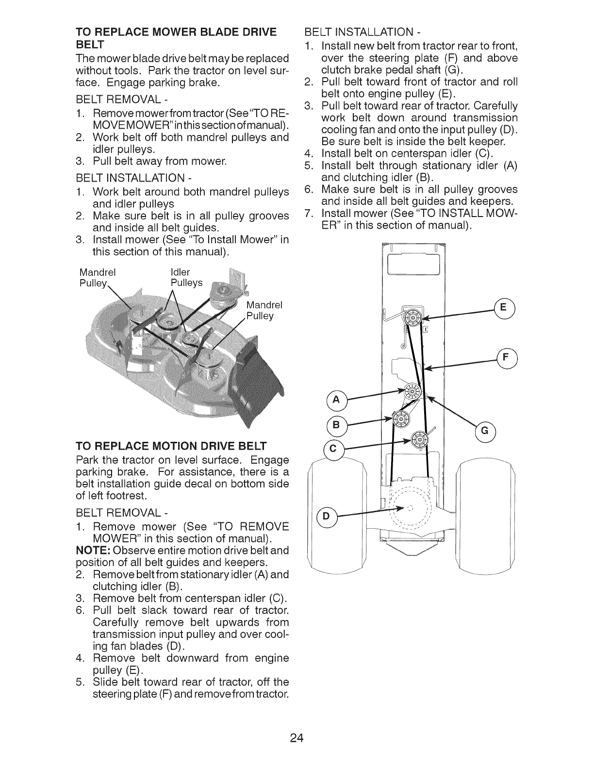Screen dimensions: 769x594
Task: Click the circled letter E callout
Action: (502, 308)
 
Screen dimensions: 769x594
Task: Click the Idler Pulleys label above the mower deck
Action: (186, 277)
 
